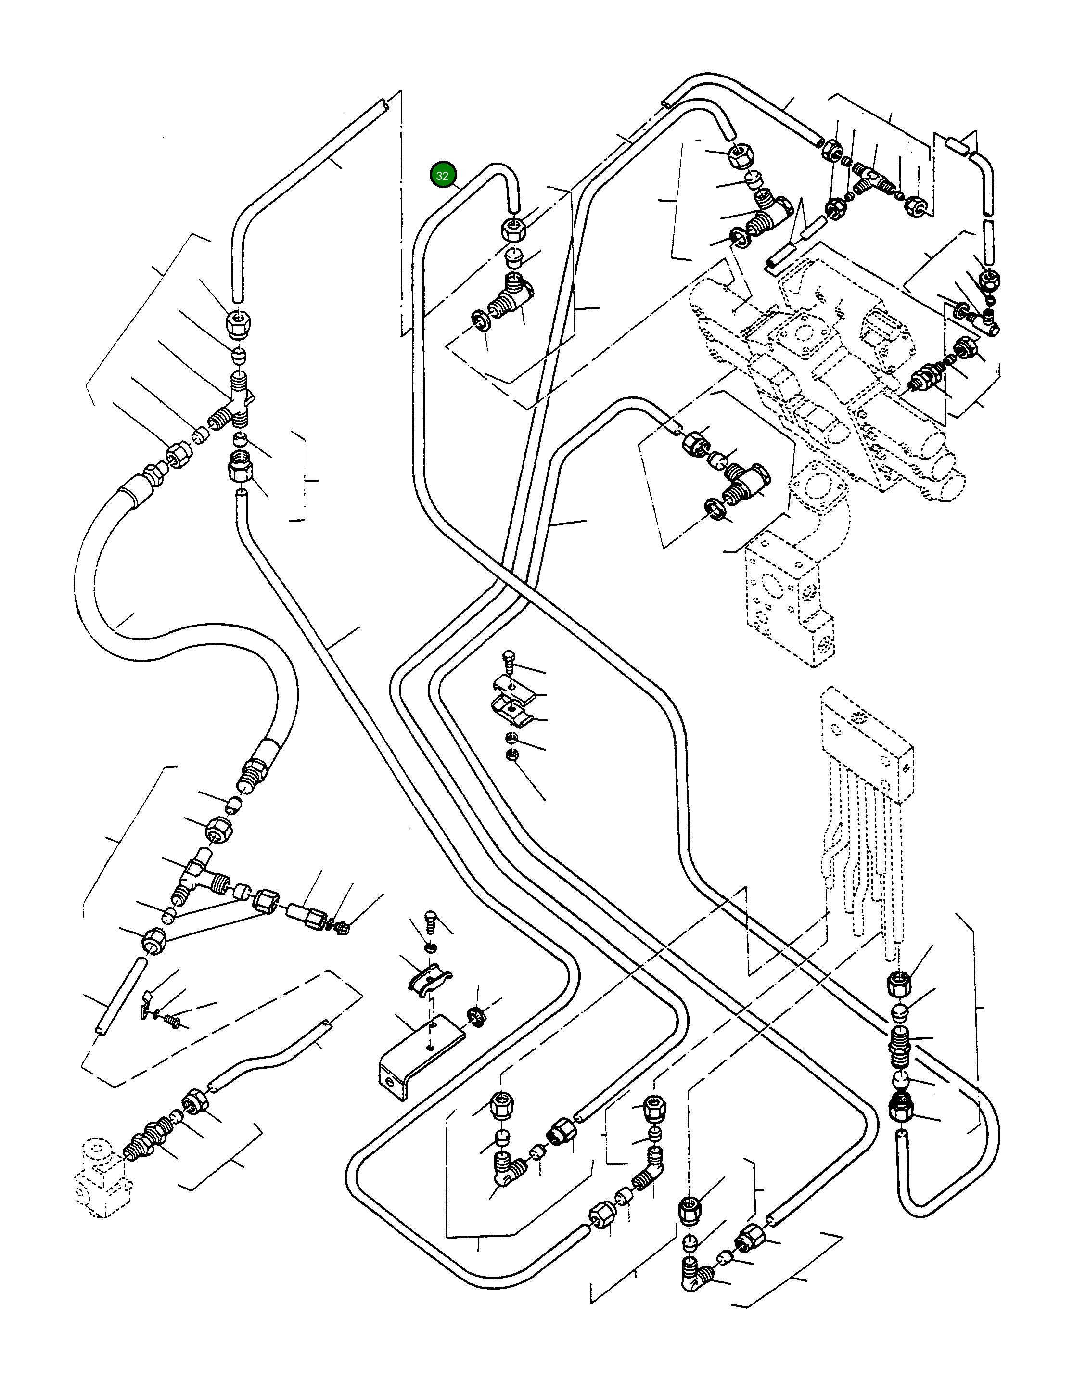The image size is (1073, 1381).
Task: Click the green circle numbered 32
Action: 443,176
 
